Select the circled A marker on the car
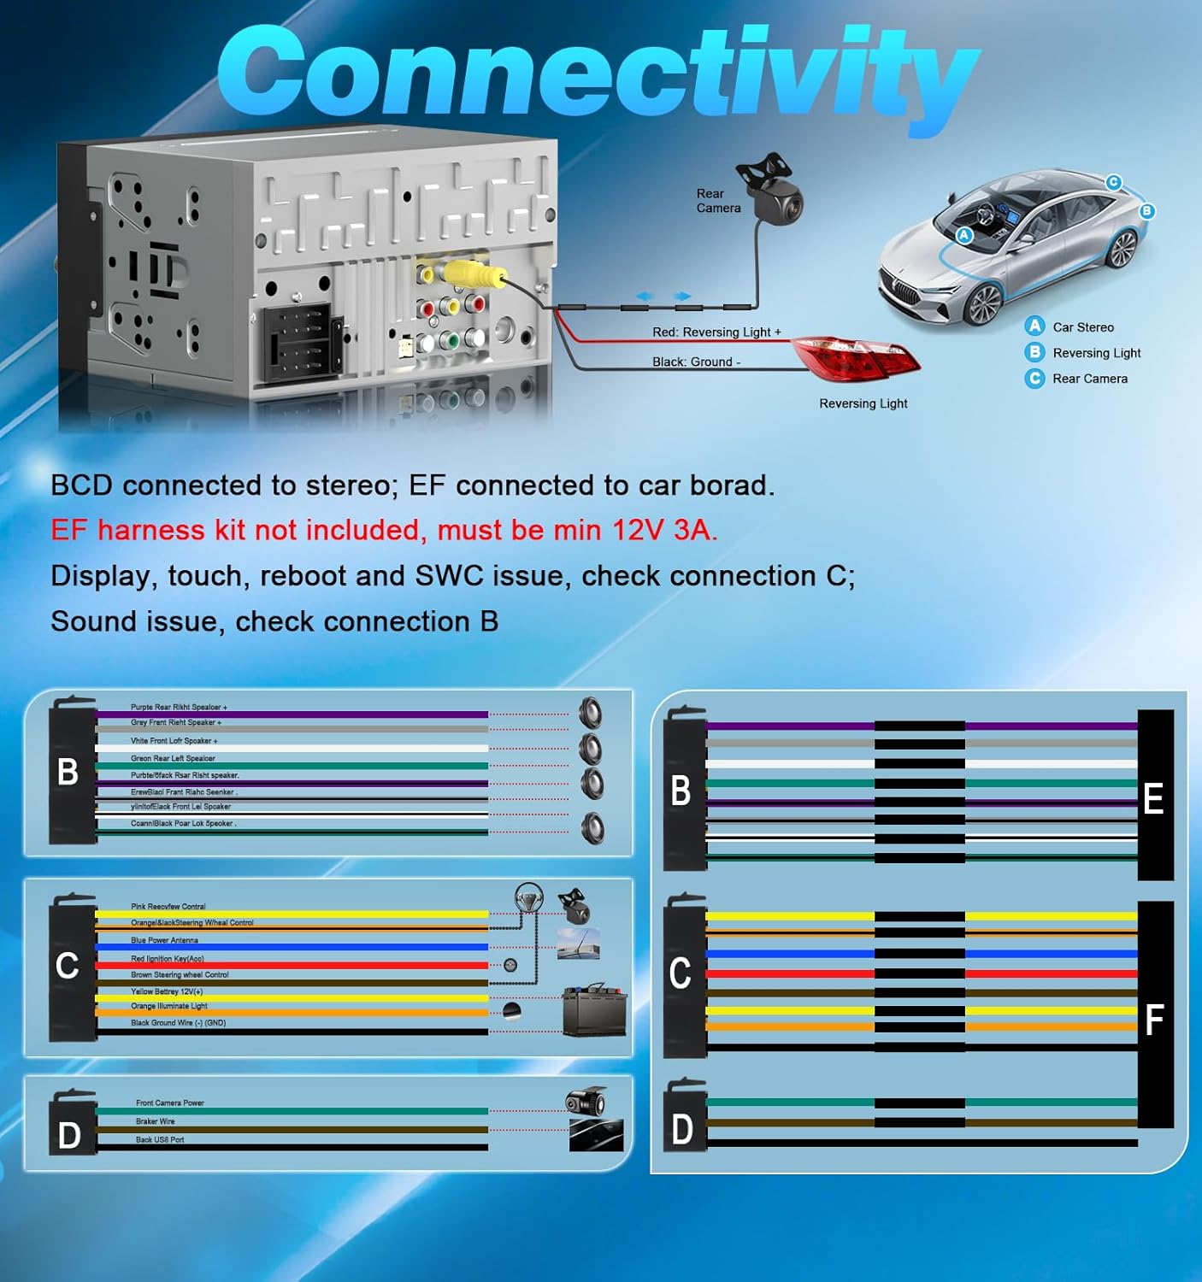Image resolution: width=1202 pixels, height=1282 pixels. [964, 235]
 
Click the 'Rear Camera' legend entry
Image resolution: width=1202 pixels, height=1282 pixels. [1089, 379]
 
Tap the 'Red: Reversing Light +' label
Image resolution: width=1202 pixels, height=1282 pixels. [716, 332]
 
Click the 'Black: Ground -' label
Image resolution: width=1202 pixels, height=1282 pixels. [696, 362]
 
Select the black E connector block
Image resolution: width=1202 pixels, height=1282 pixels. [1154, 795]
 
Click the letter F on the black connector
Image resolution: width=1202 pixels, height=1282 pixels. [1154, 1020]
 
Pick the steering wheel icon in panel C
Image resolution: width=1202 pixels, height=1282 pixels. [529, 898]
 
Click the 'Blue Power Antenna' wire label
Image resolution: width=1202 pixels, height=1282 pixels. [164, 940]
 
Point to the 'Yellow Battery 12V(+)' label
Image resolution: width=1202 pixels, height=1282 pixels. [167, 991]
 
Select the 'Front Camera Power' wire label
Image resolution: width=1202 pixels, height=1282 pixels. [170, 1103]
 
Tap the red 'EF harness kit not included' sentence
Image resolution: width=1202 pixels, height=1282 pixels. [384, 530]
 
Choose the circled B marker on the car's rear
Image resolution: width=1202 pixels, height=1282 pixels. [1146, 211]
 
